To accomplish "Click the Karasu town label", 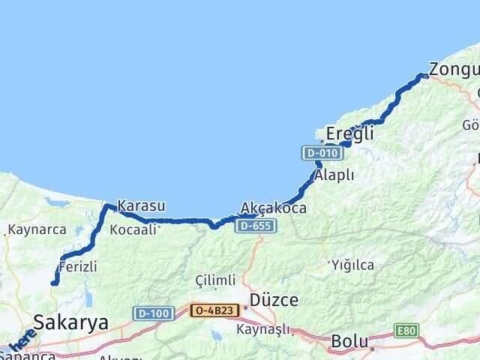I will pyautogui.click(x=141, y=205).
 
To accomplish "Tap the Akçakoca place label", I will pyautogui.click(x=274, y=208).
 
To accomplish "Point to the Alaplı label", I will pyautogui.click(x=335, y=175).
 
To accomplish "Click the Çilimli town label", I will pyautogui.click(x=215, y=280).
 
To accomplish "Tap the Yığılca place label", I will pyautogui.click(x=352, y=264).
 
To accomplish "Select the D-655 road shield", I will pyautogui.click(x=250, y=225).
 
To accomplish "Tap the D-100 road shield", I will pyautogui.click(x=154, y=311).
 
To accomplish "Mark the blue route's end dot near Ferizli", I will pyautogui.click(x=54, y=283).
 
